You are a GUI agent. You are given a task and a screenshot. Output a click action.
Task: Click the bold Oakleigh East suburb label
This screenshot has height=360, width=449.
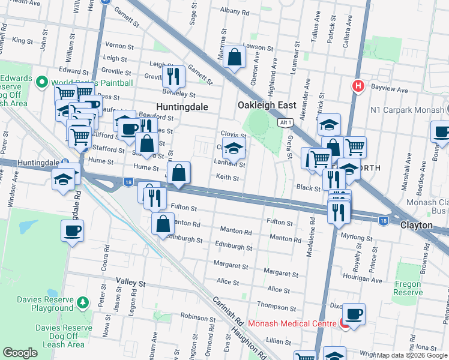point(267,105)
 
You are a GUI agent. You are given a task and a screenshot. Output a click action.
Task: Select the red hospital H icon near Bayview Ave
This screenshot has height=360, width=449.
point(358,86)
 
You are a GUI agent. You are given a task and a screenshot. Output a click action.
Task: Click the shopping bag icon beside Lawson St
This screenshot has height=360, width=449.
point(235,58)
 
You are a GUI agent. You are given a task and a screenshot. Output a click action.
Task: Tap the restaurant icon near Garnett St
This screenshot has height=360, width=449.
point(173,76)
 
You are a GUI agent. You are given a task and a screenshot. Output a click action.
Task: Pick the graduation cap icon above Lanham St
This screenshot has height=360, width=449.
point(234,148)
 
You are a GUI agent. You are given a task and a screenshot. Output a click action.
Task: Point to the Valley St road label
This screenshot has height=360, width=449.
point(131,282)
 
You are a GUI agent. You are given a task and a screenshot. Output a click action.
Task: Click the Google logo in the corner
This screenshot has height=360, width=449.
point(20,353)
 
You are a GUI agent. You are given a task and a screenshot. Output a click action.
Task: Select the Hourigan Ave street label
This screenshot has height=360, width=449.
point(362,280)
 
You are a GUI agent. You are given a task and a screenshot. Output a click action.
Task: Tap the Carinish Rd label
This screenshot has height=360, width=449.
point(225,311)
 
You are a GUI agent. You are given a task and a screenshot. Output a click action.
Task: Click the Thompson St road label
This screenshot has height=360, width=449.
point(277,307)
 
